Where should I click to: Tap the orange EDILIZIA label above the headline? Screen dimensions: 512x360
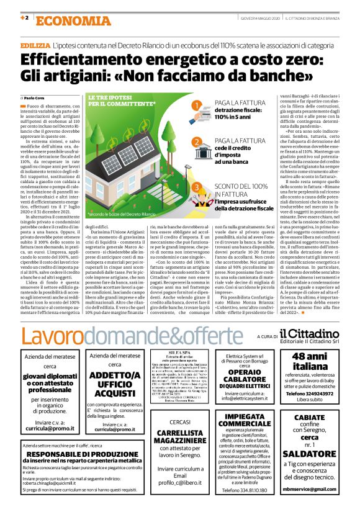click(34, 47)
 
